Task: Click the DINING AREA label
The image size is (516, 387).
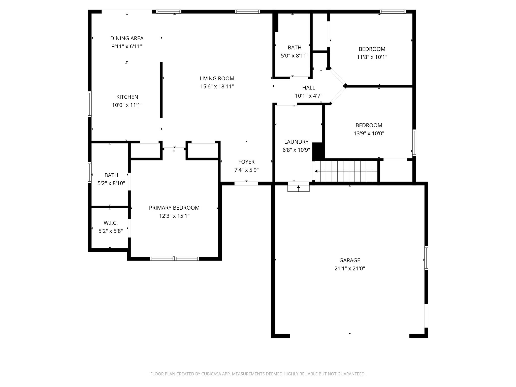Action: (127, 38)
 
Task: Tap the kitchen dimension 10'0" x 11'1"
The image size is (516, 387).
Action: (127, 105)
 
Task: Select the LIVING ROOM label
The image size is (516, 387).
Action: (217, 78)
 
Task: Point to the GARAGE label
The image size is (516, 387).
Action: (349, 260)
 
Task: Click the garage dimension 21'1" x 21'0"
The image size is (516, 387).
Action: (349, 269)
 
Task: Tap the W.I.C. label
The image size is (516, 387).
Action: (111, 223)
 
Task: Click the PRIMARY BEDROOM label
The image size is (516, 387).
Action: (174, 208)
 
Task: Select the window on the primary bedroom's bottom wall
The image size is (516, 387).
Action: (174, 259)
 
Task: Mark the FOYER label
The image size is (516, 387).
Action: (246, 162)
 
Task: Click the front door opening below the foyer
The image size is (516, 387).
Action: (246, 183)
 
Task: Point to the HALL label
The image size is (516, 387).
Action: (309, 88)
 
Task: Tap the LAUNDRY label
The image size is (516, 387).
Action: (296, 142)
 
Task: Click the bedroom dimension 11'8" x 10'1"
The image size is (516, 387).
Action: (372, 57)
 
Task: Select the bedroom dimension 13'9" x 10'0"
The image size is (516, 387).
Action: (369, 134)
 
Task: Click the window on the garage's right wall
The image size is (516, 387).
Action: (426, 258)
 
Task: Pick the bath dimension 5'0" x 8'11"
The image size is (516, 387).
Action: (295, 56)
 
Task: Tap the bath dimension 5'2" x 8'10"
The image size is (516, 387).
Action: (111, 183)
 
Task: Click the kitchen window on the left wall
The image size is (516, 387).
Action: (89, 104)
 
